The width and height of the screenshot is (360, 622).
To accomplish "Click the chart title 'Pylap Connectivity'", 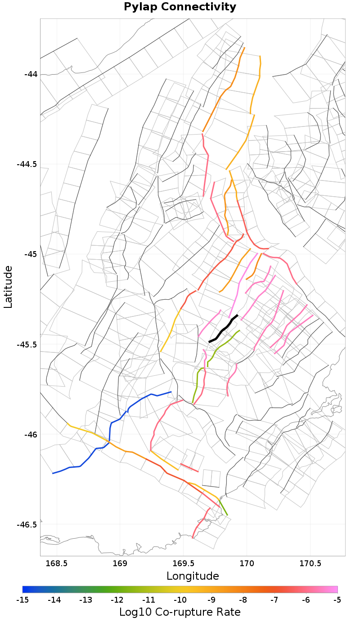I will point(180,7).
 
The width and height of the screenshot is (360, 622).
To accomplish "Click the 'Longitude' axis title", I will point(193,576).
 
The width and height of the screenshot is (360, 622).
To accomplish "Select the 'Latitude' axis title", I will point(8,286).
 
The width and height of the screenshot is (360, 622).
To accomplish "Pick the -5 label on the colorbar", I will point(337,599).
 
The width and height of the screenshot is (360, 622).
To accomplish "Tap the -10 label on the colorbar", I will point(180,599).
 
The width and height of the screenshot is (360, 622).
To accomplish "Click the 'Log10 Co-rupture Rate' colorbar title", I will point(180,612).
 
